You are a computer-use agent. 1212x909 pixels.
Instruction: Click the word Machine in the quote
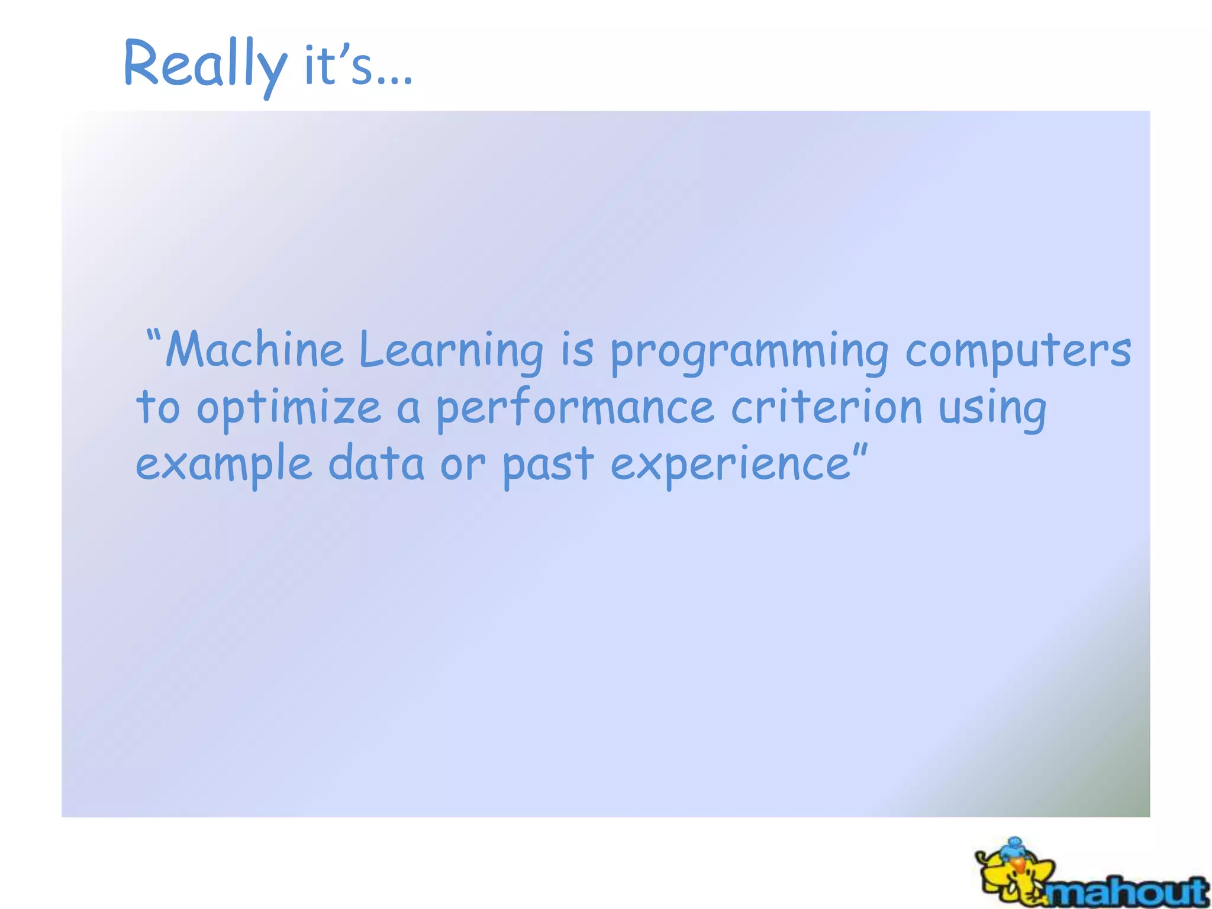coord(254,350)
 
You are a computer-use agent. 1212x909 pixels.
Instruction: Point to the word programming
coord(749,353)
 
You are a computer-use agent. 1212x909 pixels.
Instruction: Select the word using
coord(992,410)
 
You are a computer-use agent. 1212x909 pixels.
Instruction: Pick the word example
coord(224,465)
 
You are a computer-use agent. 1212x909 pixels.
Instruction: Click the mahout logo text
coord(1127,891)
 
